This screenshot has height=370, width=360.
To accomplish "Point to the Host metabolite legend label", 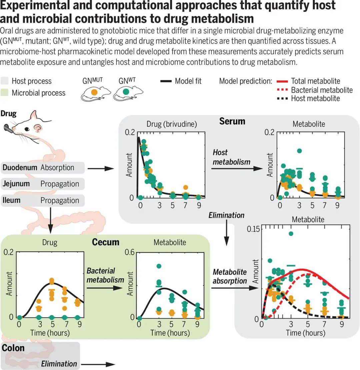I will [315, 98].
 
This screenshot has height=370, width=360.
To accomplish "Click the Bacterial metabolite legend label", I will [322, 90].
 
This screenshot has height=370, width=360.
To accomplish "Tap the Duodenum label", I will [20, 167].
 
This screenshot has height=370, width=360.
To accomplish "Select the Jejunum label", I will [16, 184].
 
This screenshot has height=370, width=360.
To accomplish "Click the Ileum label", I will [12, 200].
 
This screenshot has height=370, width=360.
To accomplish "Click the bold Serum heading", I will [232, 121].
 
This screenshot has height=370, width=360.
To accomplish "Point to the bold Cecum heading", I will [105, 242].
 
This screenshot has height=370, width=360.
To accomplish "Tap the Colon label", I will [13, 348].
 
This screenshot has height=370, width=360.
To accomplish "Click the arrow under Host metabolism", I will [237, 169].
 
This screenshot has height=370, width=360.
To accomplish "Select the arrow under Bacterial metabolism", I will [105, 288].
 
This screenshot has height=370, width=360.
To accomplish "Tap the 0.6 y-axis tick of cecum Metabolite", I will [130, 252].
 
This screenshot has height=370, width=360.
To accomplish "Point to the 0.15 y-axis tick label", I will [252, 229].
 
